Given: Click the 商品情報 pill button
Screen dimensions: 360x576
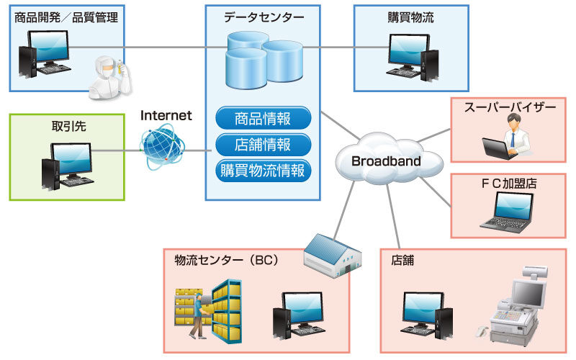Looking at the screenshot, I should click(x=263, y=117).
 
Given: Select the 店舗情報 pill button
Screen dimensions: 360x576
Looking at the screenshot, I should click(x=263, y=144).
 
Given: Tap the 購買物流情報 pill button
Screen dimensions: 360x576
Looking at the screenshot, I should click(x=263, y=171).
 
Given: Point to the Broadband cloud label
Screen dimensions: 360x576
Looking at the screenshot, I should click(x=386, y=161).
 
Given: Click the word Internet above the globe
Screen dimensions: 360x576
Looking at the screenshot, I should click(x=166, y=114).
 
